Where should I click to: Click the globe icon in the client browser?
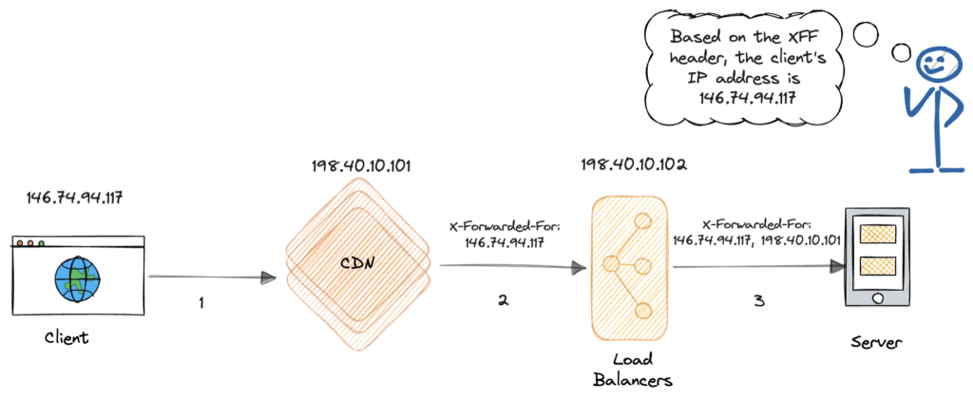[77, 280]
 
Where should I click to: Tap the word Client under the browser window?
[67, 338]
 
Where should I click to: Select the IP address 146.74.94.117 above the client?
[74, 198]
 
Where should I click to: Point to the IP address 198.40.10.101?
[361, 167]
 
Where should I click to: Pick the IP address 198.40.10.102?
[634, 165]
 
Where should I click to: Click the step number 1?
[201, 303]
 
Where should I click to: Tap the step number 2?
[503, 301]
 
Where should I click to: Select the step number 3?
[759, 302]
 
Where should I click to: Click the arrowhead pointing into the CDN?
[268, 278]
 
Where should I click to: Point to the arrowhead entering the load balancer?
[579, 268]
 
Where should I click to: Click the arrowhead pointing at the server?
[838, 267]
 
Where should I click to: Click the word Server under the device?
[877, 343]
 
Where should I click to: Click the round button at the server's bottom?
[877, 298]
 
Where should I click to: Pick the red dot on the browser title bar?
[20, 243]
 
